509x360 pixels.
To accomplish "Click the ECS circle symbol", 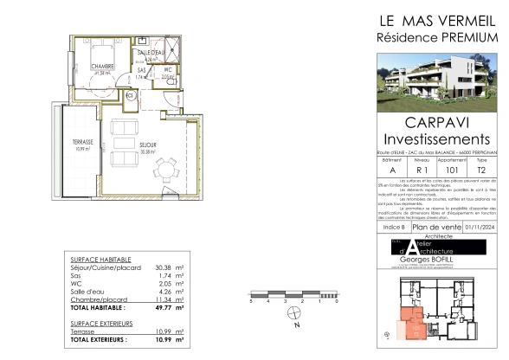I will pos(130,96).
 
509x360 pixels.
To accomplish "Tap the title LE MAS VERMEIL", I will pos(437,19).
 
